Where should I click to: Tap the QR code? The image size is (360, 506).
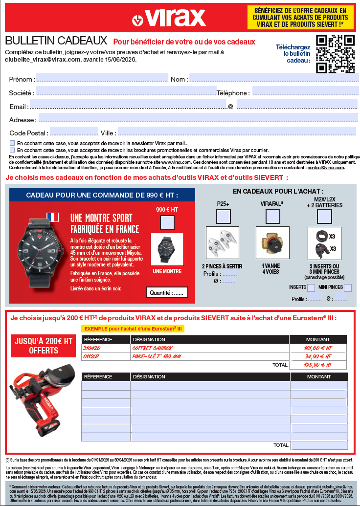click(335, 54)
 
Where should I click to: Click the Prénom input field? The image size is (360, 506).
click(102, 78)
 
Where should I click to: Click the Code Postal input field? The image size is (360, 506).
click(74, 132)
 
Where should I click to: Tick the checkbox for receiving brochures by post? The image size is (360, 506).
click(12, 150)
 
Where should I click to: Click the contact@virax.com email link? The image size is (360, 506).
click(326, 168)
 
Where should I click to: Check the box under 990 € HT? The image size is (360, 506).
click(167, 222)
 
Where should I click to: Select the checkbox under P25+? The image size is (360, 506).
click(224, 216)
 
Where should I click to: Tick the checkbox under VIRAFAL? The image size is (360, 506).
click(272, 216)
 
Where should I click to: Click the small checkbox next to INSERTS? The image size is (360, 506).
click(311, 287)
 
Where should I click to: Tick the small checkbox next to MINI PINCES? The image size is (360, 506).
click(347, 287)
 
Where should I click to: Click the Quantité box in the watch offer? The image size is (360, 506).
click(167, 293)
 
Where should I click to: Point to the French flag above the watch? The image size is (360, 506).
click(52, 217)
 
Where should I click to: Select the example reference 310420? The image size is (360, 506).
click(91, 348)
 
